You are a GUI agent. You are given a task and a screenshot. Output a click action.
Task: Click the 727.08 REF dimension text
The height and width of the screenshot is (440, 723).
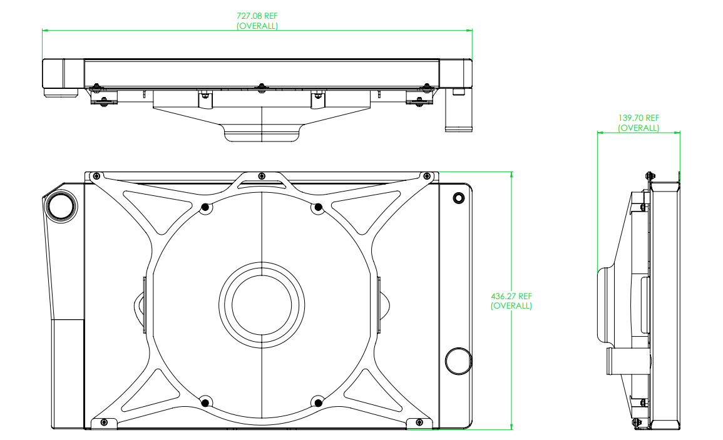[257, 16]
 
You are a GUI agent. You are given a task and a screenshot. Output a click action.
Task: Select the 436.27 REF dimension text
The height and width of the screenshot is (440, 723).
[511, 296]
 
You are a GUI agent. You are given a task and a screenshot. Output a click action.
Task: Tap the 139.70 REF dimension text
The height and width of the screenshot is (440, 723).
[638, 118]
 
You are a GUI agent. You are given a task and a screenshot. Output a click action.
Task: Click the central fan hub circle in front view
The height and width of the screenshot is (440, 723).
[262, 304]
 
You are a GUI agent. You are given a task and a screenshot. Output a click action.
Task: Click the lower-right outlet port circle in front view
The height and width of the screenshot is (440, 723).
[458, 361]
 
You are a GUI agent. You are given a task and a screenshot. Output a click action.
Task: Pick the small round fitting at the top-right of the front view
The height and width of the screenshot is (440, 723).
[458, 198]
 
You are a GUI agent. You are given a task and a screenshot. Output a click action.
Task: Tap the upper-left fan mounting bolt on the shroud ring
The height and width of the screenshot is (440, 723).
[206, 208]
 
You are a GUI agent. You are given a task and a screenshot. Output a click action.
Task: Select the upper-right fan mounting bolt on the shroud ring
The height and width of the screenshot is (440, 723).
[318, 208]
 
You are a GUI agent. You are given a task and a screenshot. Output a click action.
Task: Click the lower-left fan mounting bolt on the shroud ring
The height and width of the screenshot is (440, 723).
[206, 402]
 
